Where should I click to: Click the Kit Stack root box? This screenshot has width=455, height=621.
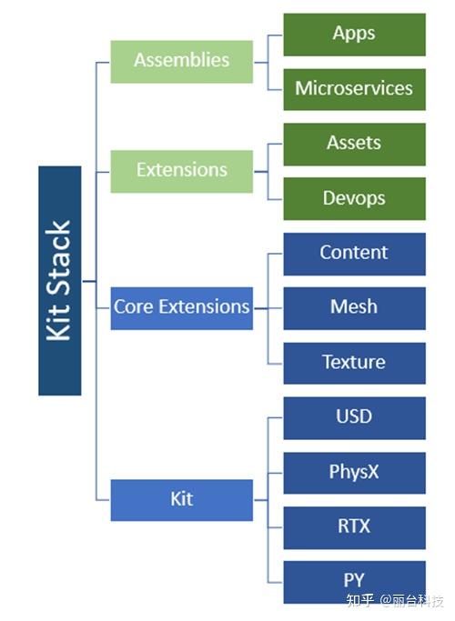tap(59, 280)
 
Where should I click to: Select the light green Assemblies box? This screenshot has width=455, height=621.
tap(181, 61)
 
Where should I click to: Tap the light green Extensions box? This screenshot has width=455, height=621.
tap(181, 171)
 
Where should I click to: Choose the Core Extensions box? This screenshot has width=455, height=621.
tap(181, 307)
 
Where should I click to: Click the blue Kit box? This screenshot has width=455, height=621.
tap(181, 499)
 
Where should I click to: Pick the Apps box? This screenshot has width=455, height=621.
tap(354, 35)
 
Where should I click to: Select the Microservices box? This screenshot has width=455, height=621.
tap(354, 89)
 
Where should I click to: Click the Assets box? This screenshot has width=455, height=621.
tap(354, 144)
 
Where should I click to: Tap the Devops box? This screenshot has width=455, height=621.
tap(354, 198)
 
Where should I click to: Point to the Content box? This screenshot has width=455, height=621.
tap(354, 254)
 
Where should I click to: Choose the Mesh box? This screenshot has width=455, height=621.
tap(354, 308)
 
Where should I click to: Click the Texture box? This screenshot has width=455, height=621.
tap(354, 363)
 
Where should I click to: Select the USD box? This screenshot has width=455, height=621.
tap(354, 417)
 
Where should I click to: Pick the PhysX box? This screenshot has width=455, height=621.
tap(354, 473)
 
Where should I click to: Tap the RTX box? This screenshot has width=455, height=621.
tap(354, 527)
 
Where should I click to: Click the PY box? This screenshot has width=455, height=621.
tap(354, 582)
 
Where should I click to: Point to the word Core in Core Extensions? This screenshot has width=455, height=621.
tap(133, 307)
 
